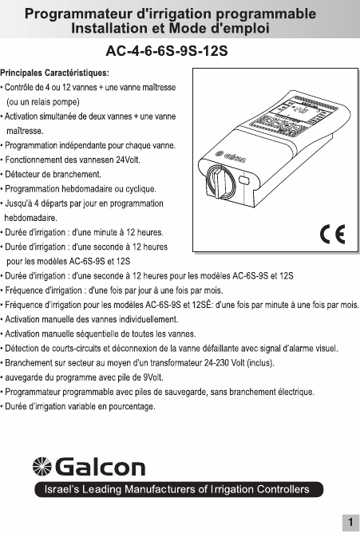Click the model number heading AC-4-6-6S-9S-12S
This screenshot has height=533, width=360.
(167, 51)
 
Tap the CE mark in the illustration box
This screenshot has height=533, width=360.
(333, 234)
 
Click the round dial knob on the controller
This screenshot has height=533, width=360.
(220, 182)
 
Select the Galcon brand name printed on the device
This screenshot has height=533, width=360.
(231, 156)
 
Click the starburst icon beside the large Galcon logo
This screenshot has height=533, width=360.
(42, 466)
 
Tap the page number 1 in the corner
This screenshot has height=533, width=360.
(350, 522)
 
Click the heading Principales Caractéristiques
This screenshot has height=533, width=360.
(55, 73)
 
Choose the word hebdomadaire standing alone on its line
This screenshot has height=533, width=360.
(30, 218)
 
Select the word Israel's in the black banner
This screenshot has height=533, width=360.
(61, 489)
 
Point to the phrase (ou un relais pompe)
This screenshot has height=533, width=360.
(43, 102)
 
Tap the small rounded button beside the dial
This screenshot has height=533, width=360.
(244, 180)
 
